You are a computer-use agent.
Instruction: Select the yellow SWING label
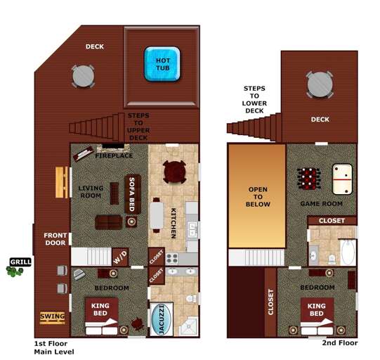pos(52,316)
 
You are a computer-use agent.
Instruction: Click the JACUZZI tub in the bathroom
pos(161,320)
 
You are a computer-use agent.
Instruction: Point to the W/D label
pos(121,257)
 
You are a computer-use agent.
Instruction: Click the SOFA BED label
pos(131,194)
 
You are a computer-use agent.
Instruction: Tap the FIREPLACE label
pos(114,155)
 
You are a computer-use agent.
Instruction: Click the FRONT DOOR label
pos(55,239)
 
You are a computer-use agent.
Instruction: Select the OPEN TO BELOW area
pos(256,196)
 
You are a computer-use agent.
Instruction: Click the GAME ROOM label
pos(321,203)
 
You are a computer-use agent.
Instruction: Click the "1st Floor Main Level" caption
pos(54,347)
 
